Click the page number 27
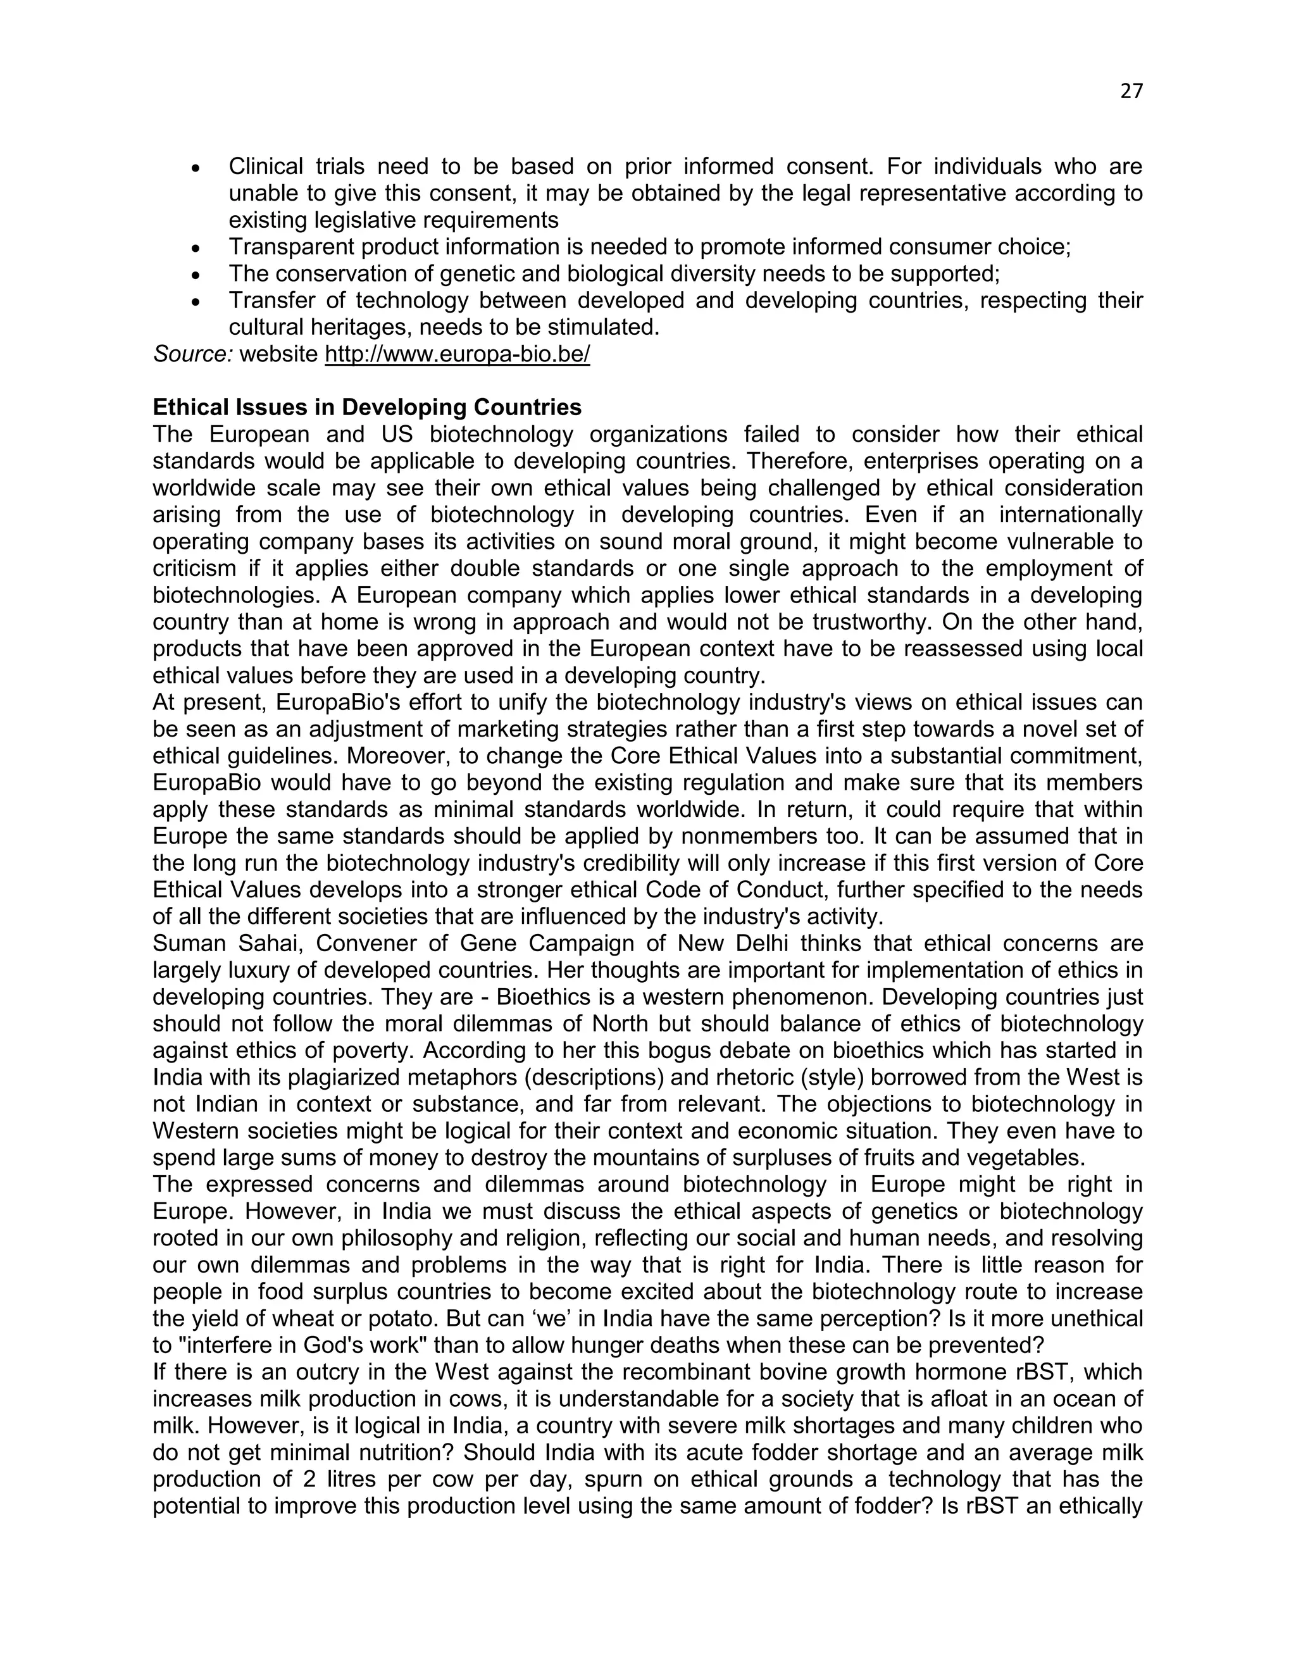click(1131, 91)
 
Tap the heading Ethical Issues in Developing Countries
click(367, 407)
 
